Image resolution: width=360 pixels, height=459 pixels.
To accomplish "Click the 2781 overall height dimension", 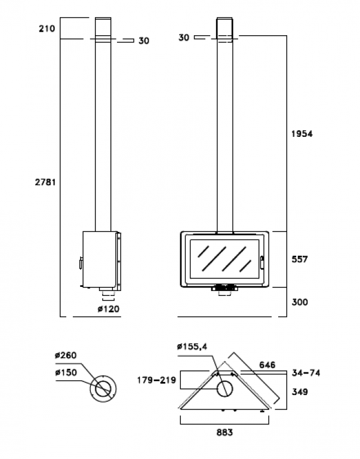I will pyautogui.click(x=46, y=182).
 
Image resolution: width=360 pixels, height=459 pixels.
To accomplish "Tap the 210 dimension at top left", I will pyautogui.click(x=47, y=29).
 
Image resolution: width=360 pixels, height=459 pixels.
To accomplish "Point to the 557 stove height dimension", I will pyautogui.click(x=300, y=259).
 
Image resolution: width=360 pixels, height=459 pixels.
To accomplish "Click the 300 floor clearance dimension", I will pyautogui.click(x=300, y=302).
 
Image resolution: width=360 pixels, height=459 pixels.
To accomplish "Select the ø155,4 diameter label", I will pyautogui.click(x=192, y=347).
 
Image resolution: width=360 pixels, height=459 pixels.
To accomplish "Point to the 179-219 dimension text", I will pyautogui.click(x=156, y=379).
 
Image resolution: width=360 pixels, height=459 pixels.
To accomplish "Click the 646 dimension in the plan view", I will pyautogui.click(x=267, y=363).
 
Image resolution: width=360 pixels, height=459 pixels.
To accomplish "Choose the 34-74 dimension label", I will pyautogui.click(x=306, y=373).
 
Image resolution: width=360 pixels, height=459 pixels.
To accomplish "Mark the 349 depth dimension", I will pyautogui.click(x=301, y=392).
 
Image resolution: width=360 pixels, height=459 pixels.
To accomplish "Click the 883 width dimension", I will pyautogui.click(x=224, y=432).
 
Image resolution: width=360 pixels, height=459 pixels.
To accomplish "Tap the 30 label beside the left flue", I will pyautogui.click(x=143, y=41).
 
